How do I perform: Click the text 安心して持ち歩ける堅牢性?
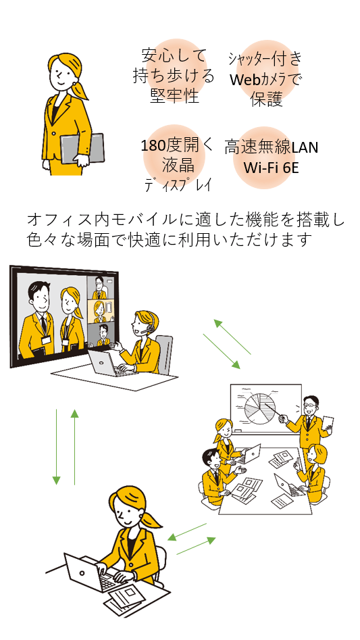click(x=174, y=75)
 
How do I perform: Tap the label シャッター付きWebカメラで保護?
click(x=265, y=79)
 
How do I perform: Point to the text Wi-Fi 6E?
click(x=271, y=166)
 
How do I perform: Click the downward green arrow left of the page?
click(x=57, y=447)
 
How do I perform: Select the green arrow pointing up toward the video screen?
click(x=74, y=447)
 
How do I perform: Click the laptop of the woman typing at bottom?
click(x=88, y=572)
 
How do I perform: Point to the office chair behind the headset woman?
click(x=164, y=351)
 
